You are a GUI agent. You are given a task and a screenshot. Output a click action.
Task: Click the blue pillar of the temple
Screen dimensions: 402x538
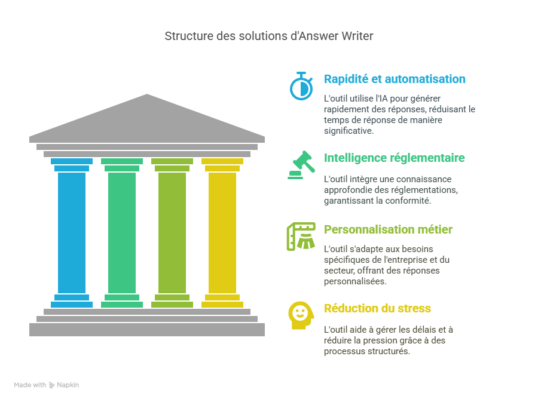(x=72, y=233)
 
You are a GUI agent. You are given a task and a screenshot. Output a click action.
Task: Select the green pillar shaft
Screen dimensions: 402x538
(x=122, y=233)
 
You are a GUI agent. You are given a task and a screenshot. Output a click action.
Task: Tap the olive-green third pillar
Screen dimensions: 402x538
(x=172, y=233)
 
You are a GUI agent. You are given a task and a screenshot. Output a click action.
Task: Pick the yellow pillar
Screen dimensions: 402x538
(x=222, y=233)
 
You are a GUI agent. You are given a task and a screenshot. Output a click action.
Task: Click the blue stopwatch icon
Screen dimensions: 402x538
(x=301, y=85)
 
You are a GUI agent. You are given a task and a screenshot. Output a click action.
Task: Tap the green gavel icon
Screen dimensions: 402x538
(x=301, y=165)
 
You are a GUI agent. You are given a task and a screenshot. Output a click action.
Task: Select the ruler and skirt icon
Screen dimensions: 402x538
(x=301, y=237)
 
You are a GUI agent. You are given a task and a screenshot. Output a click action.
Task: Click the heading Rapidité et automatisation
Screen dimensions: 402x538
(x=395, y=79)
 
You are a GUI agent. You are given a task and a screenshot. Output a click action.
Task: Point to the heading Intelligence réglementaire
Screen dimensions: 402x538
(x=395, y=158)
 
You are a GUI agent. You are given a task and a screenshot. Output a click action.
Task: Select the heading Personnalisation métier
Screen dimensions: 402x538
(x=388, y=229)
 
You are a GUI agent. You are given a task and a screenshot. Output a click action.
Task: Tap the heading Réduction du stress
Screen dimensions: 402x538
(x=377, y=309)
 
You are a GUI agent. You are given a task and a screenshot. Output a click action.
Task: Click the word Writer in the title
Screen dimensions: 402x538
(x=357, y=36)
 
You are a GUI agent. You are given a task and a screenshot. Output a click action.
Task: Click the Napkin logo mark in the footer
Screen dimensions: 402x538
(x=52, y=385)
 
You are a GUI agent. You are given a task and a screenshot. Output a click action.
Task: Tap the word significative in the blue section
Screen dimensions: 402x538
(x=349, y=130)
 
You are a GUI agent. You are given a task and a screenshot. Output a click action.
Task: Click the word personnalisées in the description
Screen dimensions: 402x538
(x=355, y=281)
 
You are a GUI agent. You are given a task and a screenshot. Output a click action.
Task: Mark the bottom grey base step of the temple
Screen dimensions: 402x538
(x=147, y=329)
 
